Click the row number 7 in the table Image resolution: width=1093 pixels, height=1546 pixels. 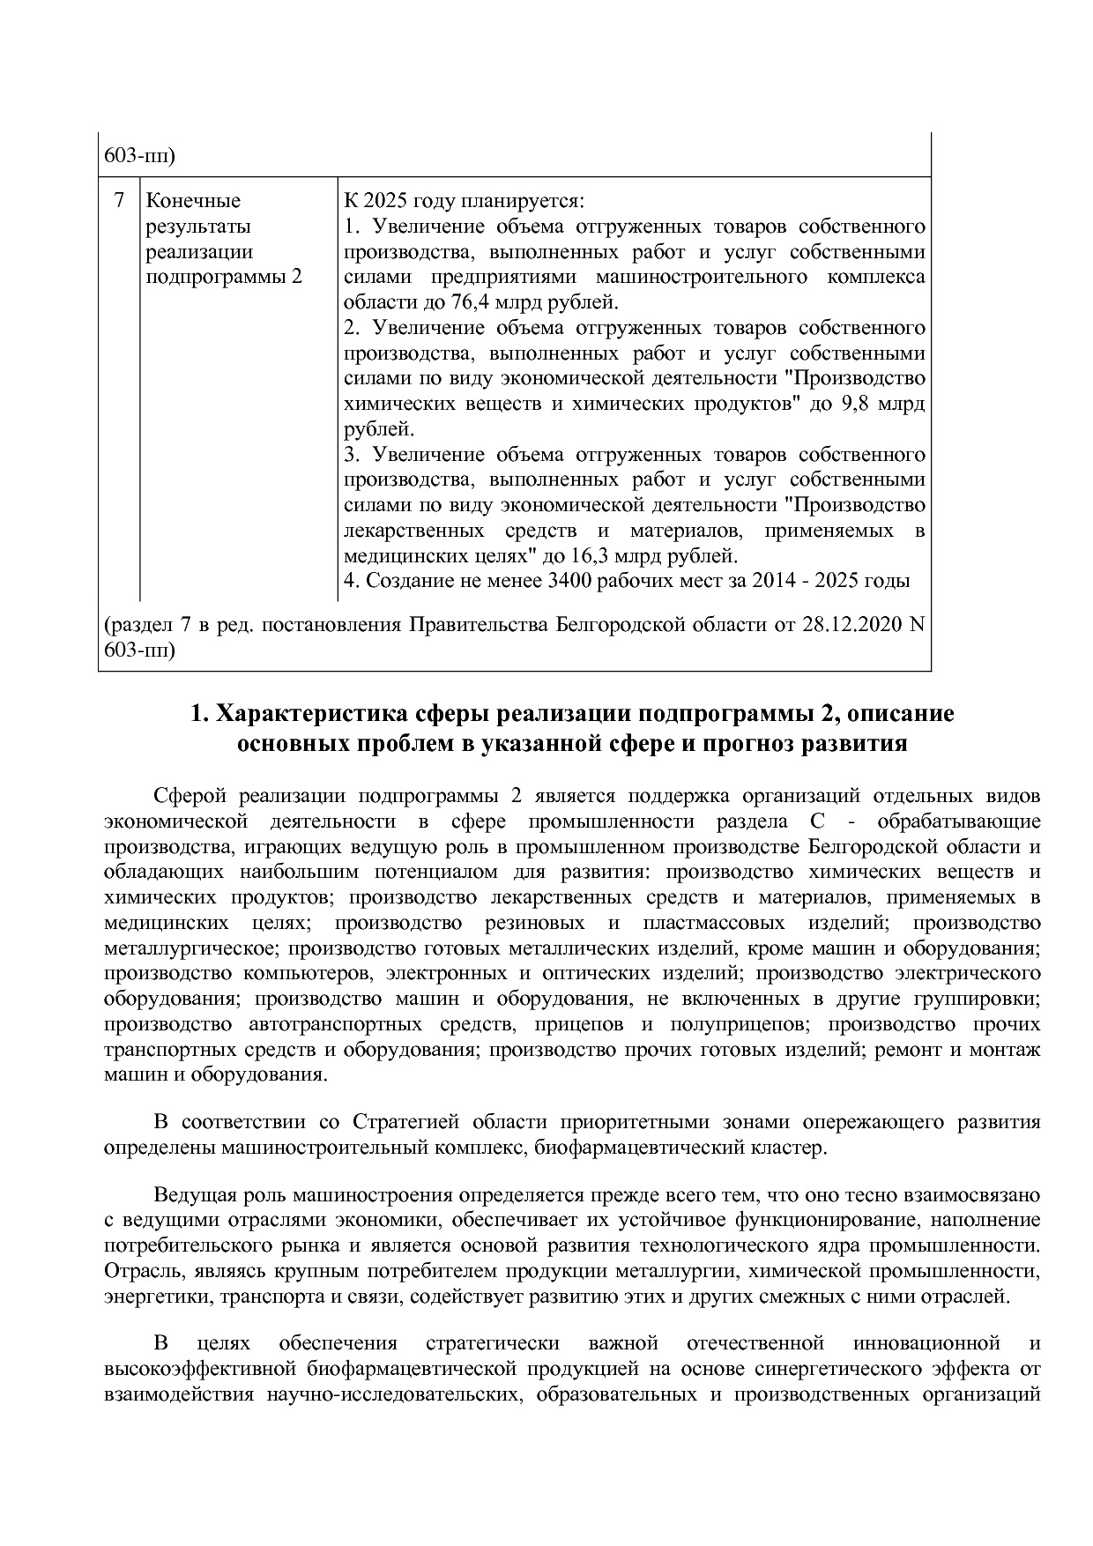pyautogui.click(x=119, y=201)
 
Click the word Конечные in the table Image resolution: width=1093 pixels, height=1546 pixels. pyautogui.click(x=192, y=201)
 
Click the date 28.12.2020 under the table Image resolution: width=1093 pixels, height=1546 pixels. pyautogui.click(x=852, y=625)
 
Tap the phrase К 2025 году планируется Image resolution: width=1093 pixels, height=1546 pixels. pyautogui.click(x=464, y=201)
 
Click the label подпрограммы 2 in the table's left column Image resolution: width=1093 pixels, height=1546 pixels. pyautogui.click(x=223, y=278)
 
